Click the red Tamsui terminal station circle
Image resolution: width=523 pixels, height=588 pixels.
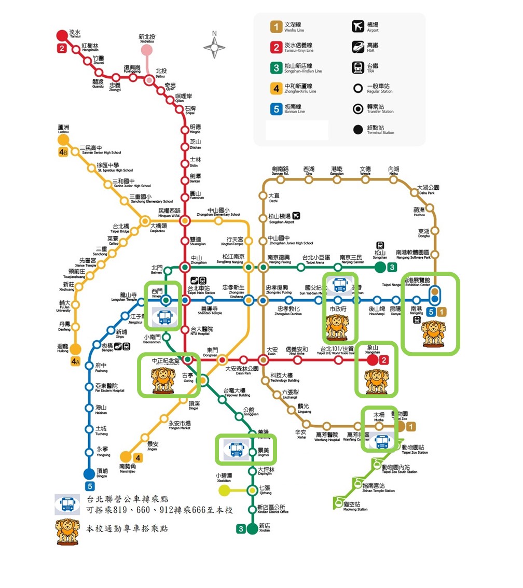(62, 36)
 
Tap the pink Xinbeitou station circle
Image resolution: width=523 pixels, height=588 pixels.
(147, 50)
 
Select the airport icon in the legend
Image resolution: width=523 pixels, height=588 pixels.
(357, 26)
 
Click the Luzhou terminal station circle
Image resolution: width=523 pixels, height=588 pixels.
(63, 140)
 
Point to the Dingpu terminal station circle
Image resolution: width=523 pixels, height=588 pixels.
(90, 474)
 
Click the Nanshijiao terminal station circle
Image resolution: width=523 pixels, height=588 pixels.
(126, 457)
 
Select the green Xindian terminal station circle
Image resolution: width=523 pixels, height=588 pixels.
(252, 528)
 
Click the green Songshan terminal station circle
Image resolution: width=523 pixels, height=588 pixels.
(380, 267)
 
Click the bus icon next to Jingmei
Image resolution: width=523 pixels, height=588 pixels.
(236, 449)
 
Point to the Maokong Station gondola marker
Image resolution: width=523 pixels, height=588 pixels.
(338, 501)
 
